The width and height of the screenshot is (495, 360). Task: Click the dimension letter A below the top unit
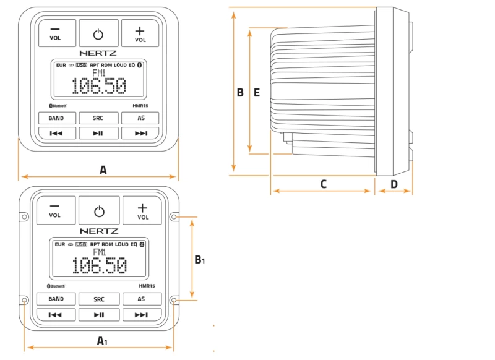pos(103,169)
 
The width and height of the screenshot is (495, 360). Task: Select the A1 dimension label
pos(103,340)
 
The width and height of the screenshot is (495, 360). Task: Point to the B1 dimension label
pos(199,260)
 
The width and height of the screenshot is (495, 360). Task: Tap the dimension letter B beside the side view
pos(240,93)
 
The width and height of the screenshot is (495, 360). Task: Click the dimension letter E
pos(257,93)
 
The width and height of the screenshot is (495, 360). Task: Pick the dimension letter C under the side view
pos(323,184)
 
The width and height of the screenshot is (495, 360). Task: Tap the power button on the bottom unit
pos(99,211)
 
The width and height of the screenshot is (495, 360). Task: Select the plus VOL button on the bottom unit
pos(143,210)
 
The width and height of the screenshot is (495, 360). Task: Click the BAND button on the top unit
pos(56,118)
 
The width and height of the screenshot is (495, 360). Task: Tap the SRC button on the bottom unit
pos(99,299)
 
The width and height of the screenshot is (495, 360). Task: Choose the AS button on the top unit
pos(141,118)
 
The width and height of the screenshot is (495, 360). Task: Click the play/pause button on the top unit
pos(98,133)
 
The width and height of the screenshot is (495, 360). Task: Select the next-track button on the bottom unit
pos(142,315)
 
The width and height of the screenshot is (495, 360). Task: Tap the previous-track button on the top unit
pos(56,133)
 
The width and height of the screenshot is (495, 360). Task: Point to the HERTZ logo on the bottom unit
pos(99,231)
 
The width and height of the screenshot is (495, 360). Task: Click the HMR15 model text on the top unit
pos(138,106)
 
